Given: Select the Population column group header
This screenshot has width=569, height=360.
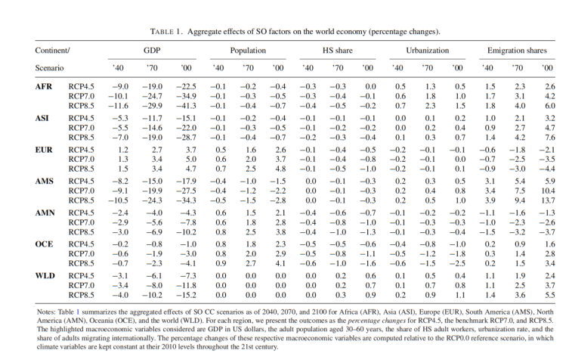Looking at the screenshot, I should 247,49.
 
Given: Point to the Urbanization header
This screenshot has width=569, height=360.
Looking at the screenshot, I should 428,49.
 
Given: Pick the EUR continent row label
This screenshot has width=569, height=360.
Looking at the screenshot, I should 45,151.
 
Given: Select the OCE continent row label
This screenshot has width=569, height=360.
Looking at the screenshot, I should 45,246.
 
